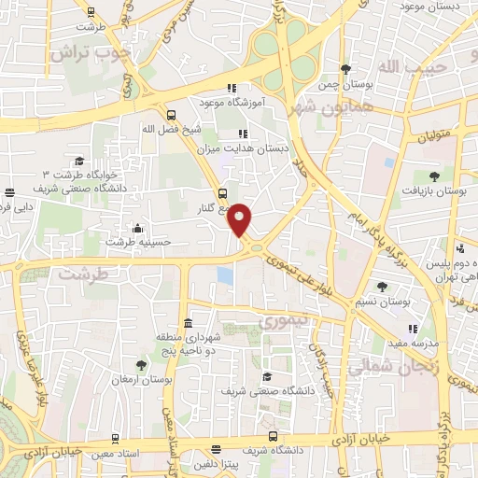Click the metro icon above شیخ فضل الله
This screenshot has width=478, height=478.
170,115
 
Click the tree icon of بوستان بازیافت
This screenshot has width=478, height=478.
432,176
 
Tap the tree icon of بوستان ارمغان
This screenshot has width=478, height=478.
141,364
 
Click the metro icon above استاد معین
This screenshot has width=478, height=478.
114,438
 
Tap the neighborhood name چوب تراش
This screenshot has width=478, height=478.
92,53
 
